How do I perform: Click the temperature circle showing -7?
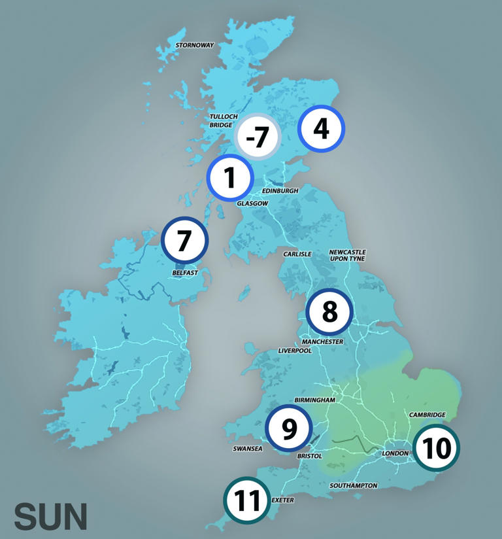(x=257, y=137)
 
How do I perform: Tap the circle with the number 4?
(x=321, y=129)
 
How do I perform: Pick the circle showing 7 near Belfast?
(x=185, y=240)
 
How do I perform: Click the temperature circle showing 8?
(x=329, y=312)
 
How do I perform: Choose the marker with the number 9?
(x=289, y=428)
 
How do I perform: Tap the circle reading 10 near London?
(x=437, y=448)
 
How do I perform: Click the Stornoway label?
(x=195, y=45)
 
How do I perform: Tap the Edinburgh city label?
(x=280, y=191)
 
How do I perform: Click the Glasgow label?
(x=252, y=203)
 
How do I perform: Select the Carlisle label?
(x=297, y=254)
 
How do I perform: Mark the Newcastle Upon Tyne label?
(x=347, y=255)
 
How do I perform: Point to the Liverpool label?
(x=295, y=351)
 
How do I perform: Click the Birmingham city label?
(x=314, y=400)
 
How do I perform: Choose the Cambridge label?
(x=427, y=415)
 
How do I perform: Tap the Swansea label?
(x=248, y=449)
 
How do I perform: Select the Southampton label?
(x=354, y=485)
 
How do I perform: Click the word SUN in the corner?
(x=50, y=517)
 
